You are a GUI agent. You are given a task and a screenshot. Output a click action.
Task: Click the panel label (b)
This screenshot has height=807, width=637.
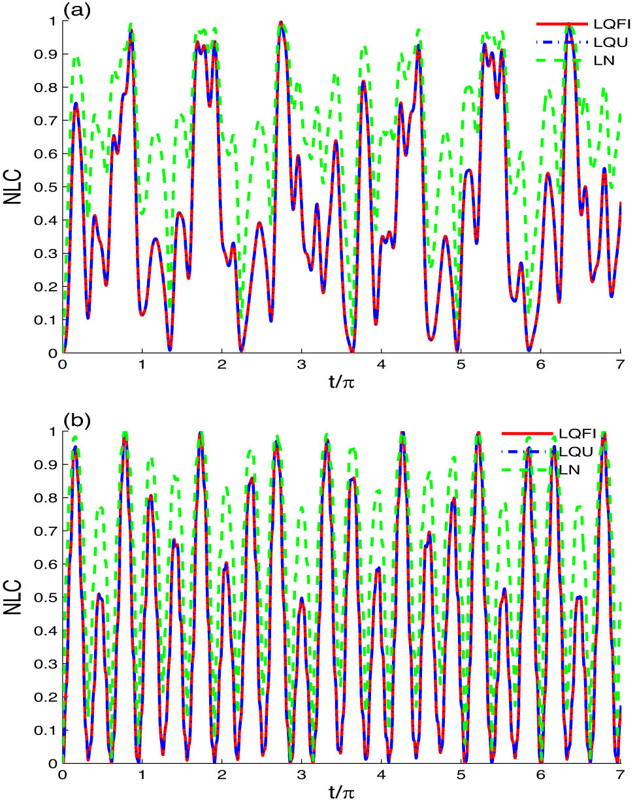click(x=77, y=419)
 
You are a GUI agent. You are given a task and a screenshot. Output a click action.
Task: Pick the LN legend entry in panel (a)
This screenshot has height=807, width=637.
click(x=604, y=61)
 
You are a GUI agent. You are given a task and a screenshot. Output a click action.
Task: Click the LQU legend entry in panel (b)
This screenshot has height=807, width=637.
click(x=576, y=452)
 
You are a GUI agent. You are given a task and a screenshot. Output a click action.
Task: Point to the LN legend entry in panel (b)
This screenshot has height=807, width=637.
click(x=569, y=470)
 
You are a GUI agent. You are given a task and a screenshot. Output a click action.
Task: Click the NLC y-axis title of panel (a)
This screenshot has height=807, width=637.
click(x=14, y=187)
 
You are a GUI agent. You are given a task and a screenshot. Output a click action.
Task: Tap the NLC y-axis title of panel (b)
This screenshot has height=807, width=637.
click(x=14, y=597)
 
